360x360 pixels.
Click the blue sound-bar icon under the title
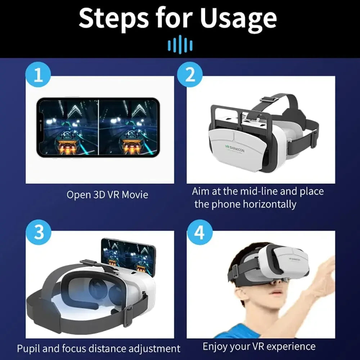click(x=180, y=46)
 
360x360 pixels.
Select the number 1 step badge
click(x=38, y=75)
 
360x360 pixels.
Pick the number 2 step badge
click(x=190, y=75)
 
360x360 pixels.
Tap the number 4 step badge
click(x=199, y=232)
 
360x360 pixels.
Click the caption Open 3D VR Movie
click(x=107, y=195)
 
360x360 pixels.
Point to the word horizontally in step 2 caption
click(x=269, y=204)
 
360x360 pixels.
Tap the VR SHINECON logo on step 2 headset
click(x=234, y=148)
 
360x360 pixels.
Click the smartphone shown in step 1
click(x=98, y=127)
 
